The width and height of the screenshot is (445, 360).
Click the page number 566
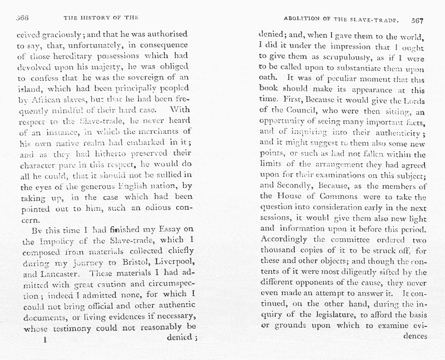click(x=22, y=18)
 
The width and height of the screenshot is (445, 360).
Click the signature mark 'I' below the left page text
click(x=45, y=339)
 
